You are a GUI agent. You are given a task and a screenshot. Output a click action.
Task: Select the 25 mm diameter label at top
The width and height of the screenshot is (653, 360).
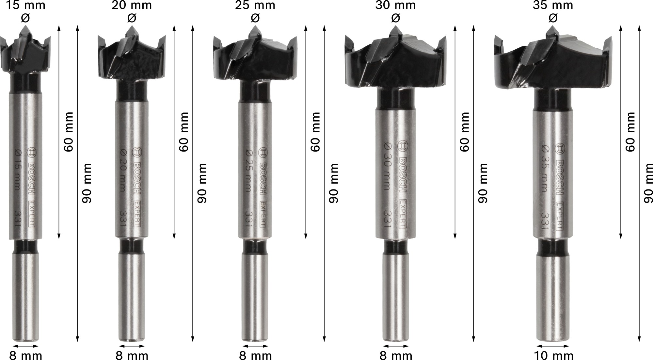(255, 5)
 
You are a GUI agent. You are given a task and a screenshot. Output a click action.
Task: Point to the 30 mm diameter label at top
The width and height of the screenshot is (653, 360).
(395, 5)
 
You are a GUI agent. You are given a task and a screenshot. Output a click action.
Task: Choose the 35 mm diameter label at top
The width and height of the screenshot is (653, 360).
(552, 5)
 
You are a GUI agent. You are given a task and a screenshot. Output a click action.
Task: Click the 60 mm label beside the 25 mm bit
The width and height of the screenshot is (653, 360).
(315, 132)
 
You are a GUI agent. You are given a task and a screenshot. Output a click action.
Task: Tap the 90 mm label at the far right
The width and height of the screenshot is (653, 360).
(648, 183)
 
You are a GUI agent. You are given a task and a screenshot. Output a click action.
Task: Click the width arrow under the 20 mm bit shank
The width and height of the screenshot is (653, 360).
(131, 346)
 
